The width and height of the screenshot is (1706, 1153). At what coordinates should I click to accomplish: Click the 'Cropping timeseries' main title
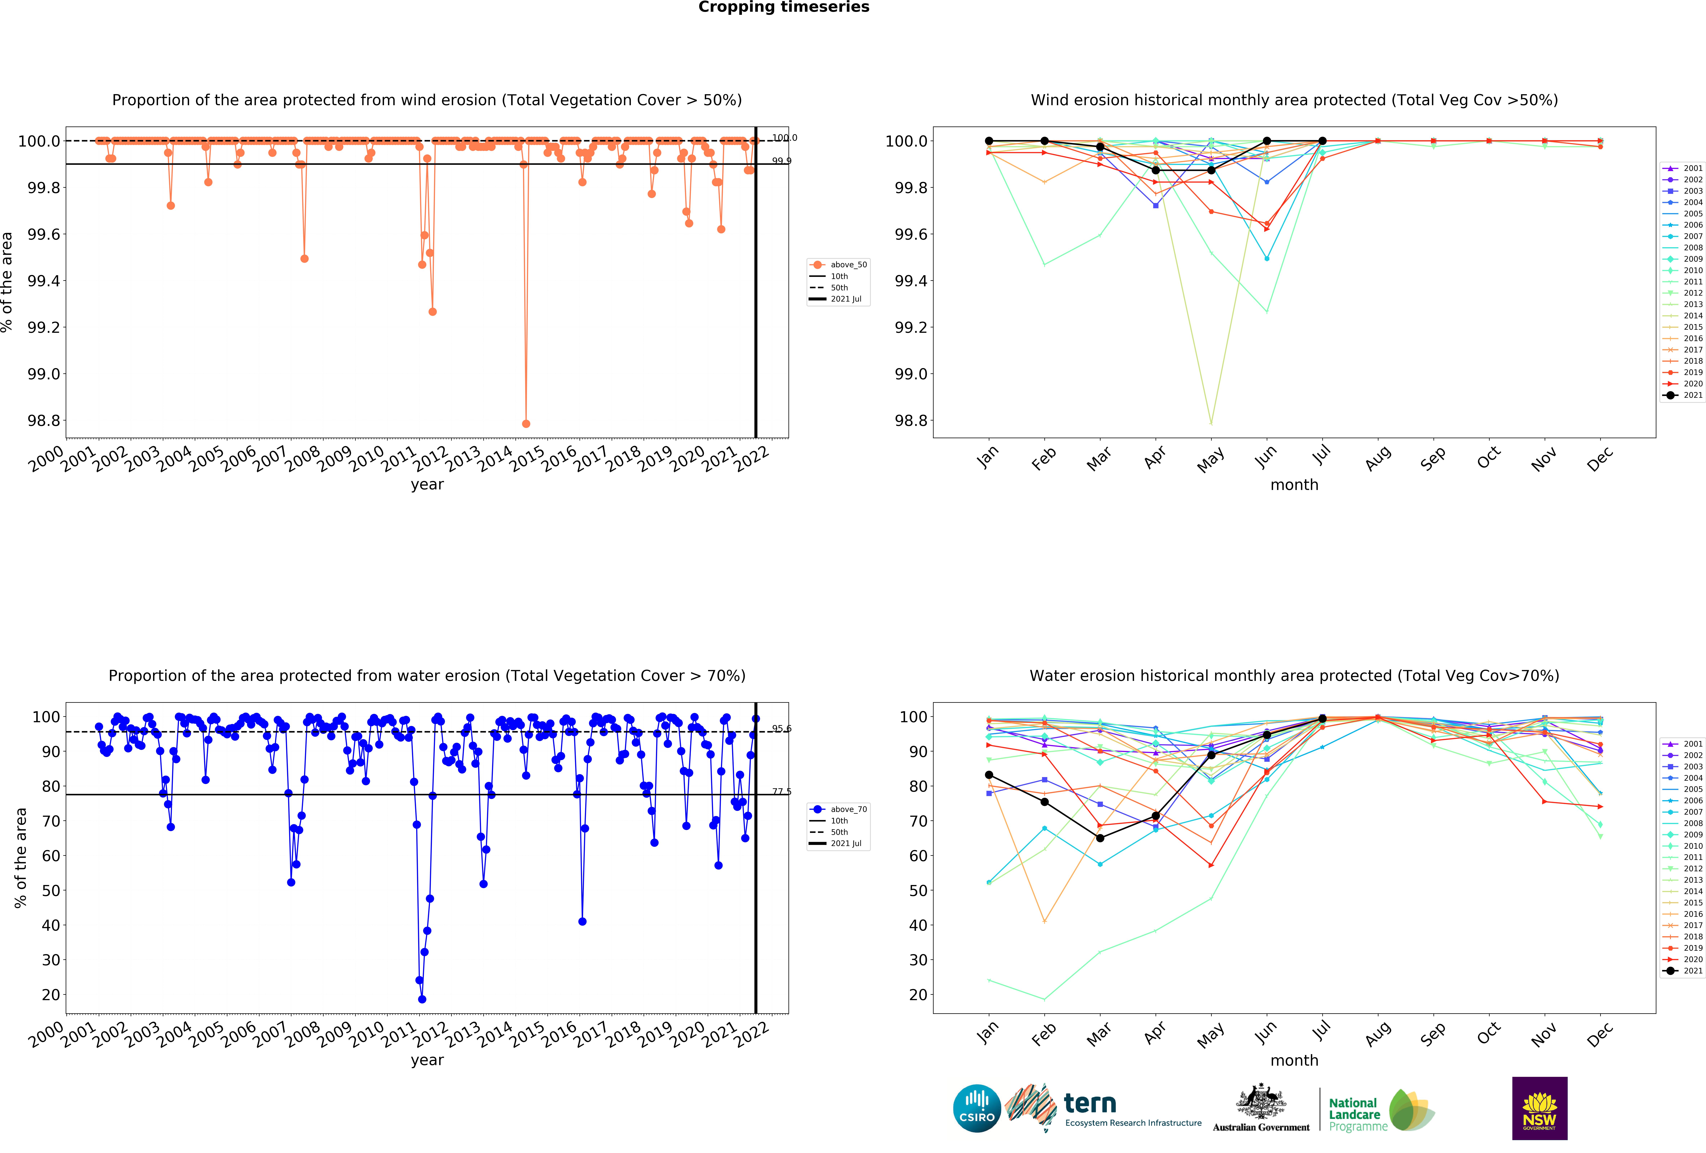click(783, 7)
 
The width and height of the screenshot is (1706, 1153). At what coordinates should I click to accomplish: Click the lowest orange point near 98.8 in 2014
click(526, 424)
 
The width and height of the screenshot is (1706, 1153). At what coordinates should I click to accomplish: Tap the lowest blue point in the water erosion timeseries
click(422, 999)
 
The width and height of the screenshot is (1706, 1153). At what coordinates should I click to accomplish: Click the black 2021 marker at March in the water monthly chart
click(1100, 838)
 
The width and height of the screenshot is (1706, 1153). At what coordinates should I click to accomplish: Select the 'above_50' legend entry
click(848, 265)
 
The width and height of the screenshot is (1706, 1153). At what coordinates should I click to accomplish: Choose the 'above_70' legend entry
click(848, 810)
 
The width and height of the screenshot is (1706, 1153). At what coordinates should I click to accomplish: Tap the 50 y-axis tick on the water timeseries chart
click(51, 890)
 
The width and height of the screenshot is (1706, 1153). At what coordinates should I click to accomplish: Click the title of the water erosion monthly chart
click(1294, 675)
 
